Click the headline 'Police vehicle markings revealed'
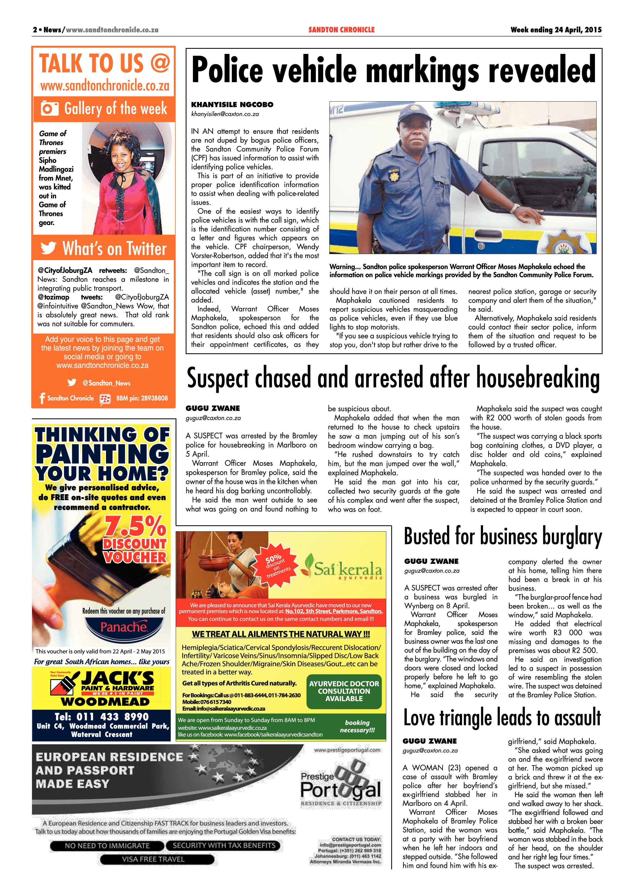click(x=394, y=69)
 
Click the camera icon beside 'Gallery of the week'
click(x=50, y=108)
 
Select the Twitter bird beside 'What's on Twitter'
click(x=49, y=248)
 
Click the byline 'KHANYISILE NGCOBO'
click(x=232, y=105)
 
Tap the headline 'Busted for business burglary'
click(x=503, y=536)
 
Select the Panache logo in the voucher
click(x=123, y=627)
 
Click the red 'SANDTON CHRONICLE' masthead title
click(x=341, y=30)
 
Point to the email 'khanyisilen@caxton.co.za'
click(x=225, y=114)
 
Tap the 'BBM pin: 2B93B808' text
click(x=142, y=398)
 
